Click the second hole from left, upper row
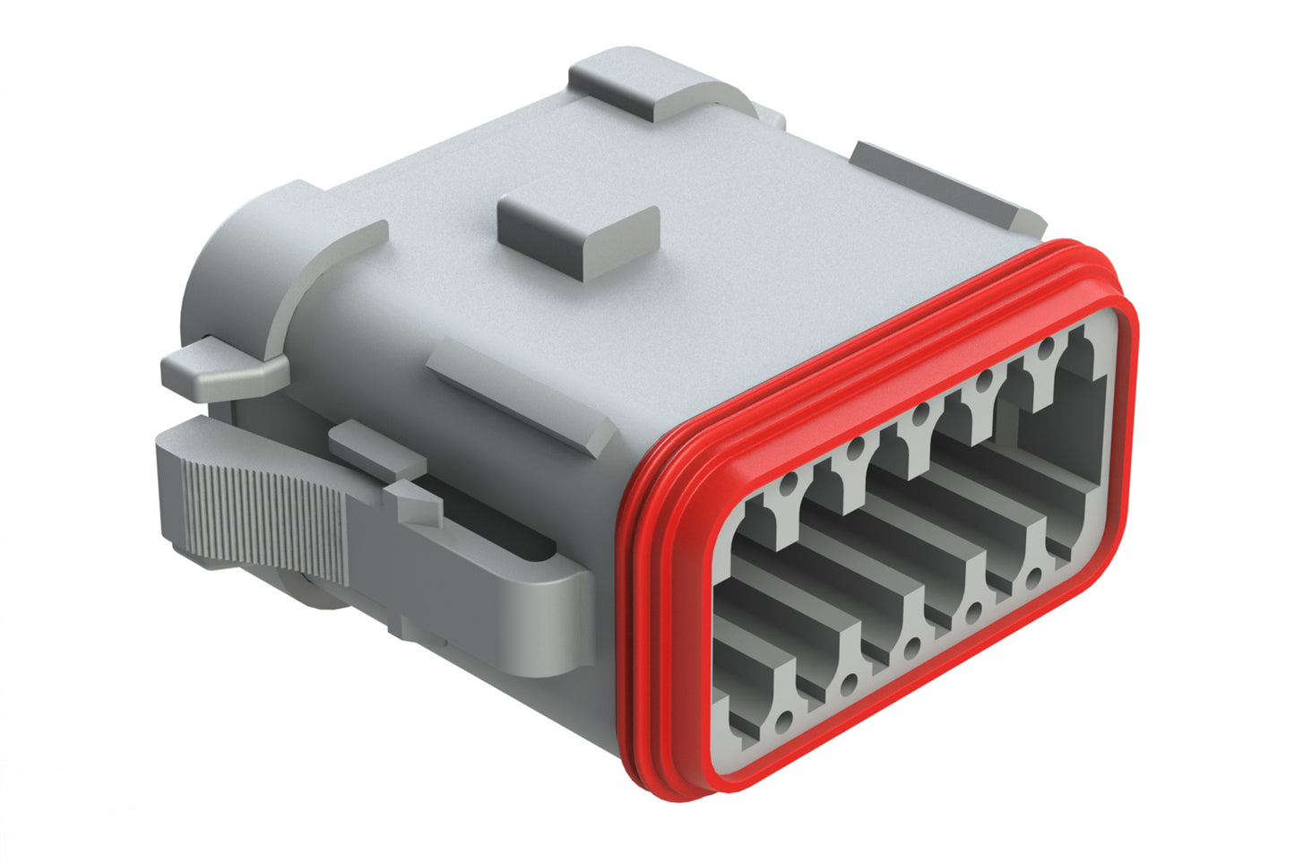857,448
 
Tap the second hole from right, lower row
974,613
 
